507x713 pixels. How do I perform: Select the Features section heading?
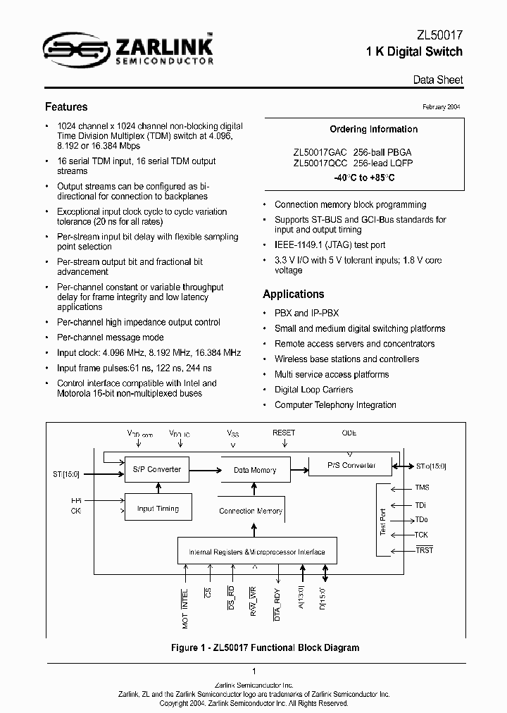click(66, 107)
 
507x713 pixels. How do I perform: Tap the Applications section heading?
click(294, 294)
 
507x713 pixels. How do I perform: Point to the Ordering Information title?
click(364, 129)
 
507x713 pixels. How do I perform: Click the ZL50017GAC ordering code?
click(320, 152)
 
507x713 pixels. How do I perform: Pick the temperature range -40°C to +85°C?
click(364, 178)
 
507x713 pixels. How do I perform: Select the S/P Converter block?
click(157, 469)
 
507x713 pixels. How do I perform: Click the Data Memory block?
click(255, 470)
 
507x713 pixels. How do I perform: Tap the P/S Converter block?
click(351, 466)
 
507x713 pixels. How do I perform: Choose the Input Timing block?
click(158, 509)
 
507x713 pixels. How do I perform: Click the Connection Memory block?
click(251, 511)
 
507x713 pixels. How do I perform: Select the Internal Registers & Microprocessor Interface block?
click(257, 552)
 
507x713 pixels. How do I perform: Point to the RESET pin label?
click(284, 433)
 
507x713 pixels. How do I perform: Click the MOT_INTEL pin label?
click(185, 608)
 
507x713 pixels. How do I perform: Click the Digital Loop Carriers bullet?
click(313, 390)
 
